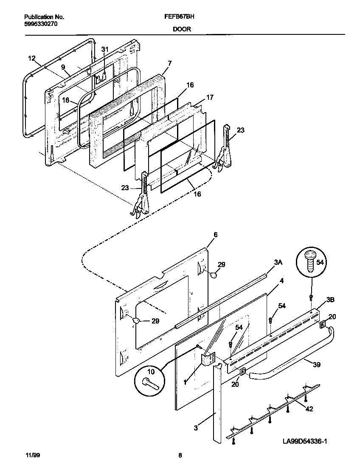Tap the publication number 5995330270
(x=41, y=24)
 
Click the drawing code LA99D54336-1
(x=304, y=442)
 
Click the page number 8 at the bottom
(x=180, y=456)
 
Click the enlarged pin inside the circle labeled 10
(x=151, y=383)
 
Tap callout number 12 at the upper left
(x=32, y=59)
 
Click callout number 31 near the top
(x=105, y=50)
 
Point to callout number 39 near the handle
(x=316, y=365)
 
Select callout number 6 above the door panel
(x=215, y=235)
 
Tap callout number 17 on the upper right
(x=210, y=97)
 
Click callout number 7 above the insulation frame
(x=169, y=63)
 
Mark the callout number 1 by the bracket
(x=185, y=382)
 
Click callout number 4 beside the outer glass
(x=281, y=281)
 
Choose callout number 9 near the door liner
(x=63, y=67)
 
